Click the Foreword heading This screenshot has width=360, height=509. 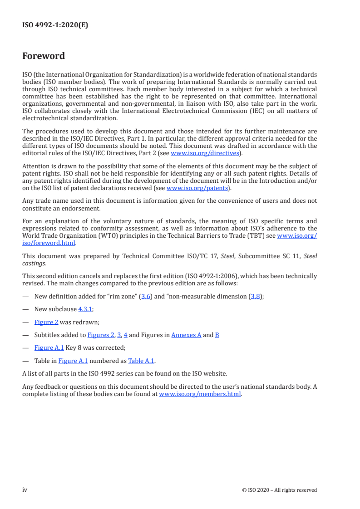click(x=44, y=56)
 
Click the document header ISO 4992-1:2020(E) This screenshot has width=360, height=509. click(x=55, y=25)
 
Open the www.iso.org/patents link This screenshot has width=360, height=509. click(x=197, y=188)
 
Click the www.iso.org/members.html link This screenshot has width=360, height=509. click(x=200, y=394)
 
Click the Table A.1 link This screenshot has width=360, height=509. click(x=141, y=361)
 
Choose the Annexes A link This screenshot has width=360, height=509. click(x=187, y=335)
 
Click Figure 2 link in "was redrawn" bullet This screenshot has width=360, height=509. click(x=49, y=323)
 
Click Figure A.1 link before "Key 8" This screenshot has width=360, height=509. click(x=49, y=348)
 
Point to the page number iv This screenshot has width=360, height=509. click(x=25, y=489)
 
